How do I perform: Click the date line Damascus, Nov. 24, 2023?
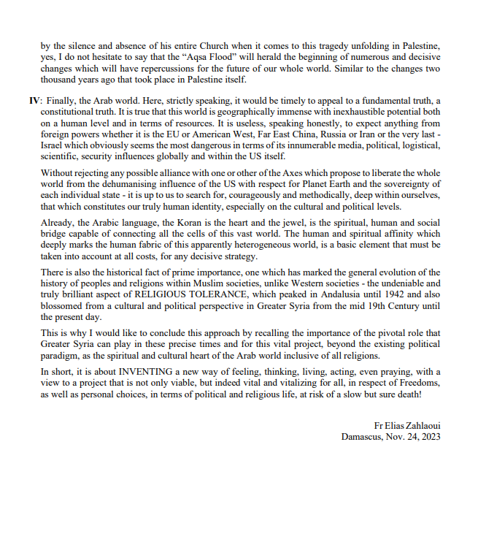pos(391,437)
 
